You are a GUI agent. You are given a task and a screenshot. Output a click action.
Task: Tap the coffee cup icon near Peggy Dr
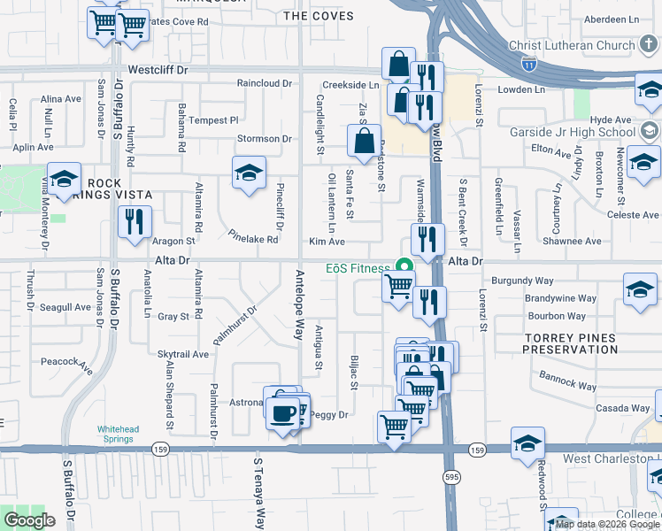point(283,413)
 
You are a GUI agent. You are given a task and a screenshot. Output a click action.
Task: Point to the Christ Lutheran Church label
point(573,45)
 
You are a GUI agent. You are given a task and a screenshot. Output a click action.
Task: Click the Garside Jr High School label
point(572,133)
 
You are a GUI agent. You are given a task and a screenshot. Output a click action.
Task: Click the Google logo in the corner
point(29,520)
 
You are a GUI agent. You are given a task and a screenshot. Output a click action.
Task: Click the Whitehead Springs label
point(118,435)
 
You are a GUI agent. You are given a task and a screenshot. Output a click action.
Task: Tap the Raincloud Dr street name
point(264,83)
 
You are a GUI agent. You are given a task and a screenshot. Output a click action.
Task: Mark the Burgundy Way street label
point(523,279)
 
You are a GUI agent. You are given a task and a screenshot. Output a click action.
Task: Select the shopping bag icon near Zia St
point(364,140)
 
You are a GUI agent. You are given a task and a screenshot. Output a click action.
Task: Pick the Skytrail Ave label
point(182,354)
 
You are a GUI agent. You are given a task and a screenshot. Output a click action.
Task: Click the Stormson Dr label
point(264,139)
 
